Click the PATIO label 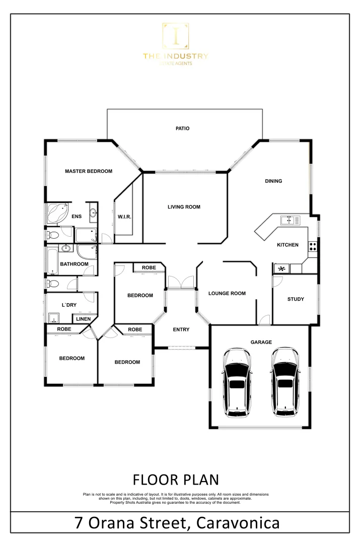tap(182, 128)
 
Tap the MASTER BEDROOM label tap(89, 171)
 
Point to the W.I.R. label tap(124, 217)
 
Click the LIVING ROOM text tap(184, 207)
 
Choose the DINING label tap(273, 181)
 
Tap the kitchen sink tap(290, 220)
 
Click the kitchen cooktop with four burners tap(313, 246)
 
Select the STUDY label tap(296, 299)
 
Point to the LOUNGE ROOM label tap(227, 293)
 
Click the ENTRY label tap(181, 330)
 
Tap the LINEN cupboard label tap(84, 319)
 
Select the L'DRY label tap(68, 305)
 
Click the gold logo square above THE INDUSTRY tap(175, 37)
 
